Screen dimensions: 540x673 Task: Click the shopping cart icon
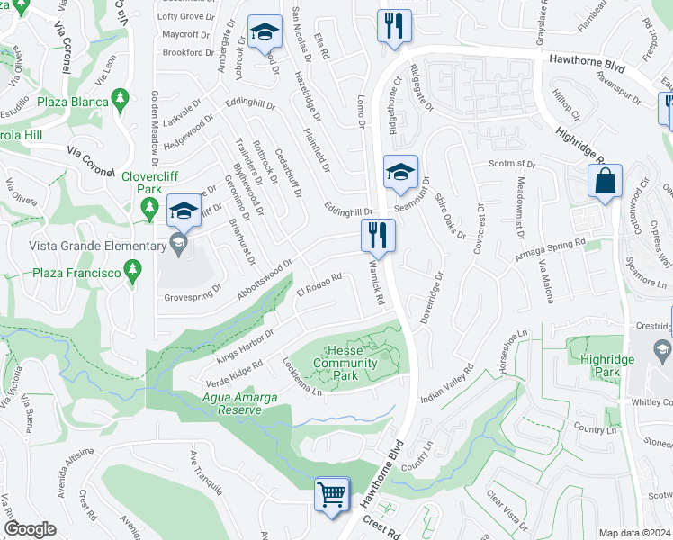coord(331,493)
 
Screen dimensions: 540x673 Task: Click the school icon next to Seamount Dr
coord(400,171)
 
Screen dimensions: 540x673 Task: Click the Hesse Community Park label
coord(345,364)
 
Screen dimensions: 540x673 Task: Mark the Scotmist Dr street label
coord(512,165)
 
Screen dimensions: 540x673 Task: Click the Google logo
coord(31,528)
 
